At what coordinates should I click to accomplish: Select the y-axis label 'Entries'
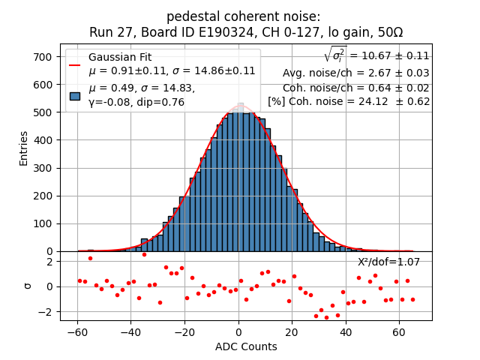(23, 148)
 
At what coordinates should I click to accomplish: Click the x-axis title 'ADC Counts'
(246, 346)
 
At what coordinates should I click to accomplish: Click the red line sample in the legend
(75, 64)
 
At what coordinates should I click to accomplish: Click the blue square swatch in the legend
(75, 95)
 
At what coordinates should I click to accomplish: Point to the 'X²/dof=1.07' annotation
(388, 262)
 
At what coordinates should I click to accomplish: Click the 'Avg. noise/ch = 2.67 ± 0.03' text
(355, 73)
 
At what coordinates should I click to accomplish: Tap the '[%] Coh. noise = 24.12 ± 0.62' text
(349, 101)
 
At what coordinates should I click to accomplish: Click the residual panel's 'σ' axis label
(28, 286)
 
